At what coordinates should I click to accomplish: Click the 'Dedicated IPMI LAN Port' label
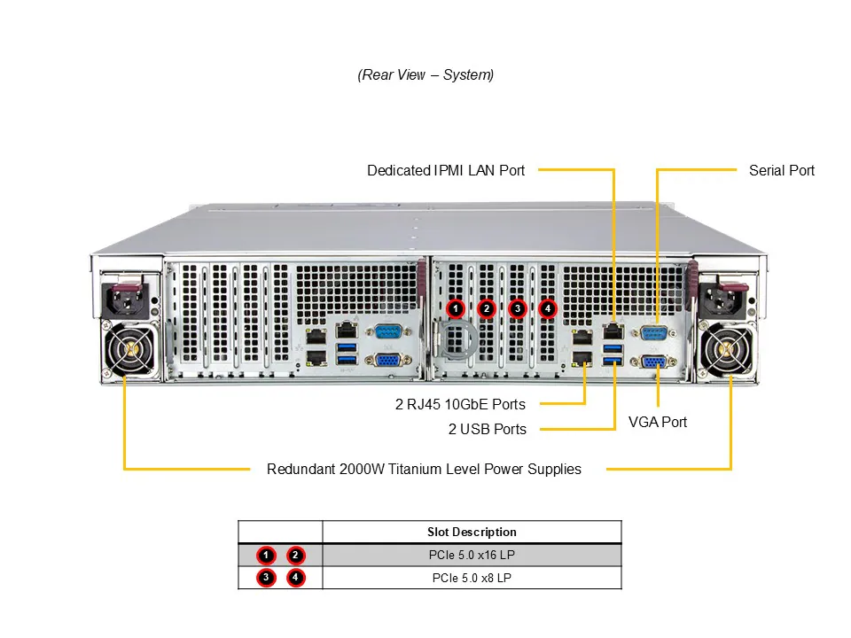coord(446,170)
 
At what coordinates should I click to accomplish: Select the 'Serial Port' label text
coord(781,170)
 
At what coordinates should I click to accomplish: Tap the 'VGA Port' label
coord(658,422)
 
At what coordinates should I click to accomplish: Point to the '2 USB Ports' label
coord(487,430)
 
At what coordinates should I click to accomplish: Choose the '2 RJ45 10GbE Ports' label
coord(460,405)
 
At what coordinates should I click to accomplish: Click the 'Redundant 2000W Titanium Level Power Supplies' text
coord(424,469)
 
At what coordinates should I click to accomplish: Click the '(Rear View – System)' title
coord(425,74)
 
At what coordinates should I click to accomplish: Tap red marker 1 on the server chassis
coord(455,308)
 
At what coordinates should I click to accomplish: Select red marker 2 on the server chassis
coord(486,308)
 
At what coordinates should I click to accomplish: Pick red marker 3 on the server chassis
coord(518,308)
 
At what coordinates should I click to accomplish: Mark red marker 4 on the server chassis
coord(549,308)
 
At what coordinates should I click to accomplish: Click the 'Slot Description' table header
coord(472,532)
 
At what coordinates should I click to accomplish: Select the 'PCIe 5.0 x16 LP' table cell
coord(472,556)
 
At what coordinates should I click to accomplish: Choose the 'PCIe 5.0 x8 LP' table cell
coord(472,578)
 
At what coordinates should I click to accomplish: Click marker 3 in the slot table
coord(266,579)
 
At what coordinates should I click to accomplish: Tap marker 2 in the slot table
coord(296,556)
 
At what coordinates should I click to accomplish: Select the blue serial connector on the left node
coord(387,332)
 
